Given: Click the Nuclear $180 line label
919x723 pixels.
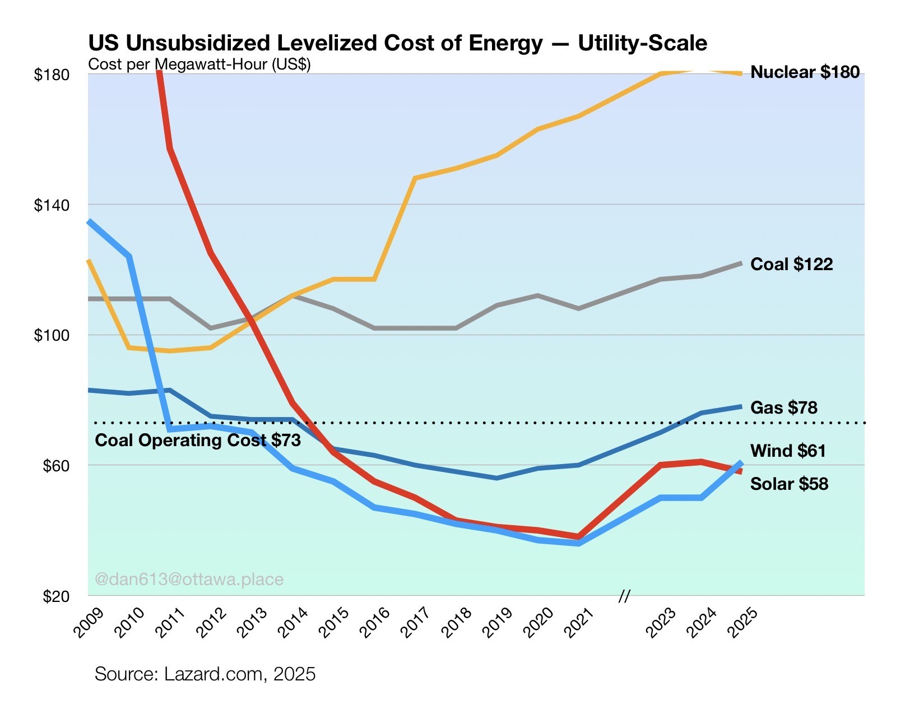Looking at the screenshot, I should coord(805,72).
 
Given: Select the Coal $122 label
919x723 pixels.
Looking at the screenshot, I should coord(791,264).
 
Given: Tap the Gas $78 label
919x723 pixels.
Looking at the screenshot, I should coord(783,407).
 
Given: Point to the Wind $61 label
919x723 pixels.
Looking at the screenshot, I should coord(788,451).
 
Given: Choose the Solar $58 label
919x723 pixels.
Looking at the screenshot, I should coord(789,484).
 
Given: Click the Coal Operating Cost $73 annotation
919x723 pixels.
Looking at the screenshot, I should coord(198,441).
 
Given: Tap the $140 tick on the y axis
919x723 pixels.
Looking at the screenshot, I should coord(52,205).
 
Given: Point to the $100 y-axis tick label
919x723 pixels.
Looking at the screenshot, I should coord(52,336).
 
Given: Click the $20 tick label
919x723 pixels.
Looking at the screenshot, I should coord(56,596).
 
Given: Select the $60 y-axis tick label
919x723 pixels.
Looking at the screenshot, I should coord(56,466).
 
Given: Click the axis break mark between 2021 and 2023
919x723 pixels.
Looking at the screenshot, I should coord(624,596).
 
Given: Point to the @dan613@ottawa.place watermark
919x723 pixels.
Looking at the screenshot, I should coord(189,579).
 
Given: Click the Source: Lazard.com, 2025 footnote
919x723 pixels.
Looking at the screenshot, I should coord(205,674).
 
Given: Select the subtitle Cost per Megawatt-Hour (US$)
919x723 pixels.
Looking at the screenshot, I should coord(199,64).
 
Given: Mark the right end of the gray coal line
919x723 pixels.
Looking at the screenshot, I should coord(741,263).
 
